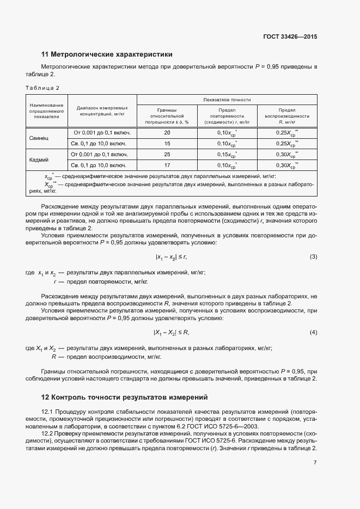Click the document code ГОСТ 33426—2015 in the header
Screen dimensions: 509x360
coord(289,36)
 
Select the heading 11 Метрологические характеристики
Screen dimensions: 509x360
coord(107,54)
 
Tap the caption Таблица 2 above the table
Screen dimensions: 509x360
coord(42,88)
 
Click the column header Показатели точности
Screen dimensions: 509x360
coord(227,100)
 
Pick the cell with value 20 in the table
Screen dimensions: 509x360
coord(167,133)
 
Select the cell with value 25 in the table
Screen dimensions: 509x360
coord(167,155)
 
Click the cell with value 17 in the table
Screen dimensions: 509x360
coord(167,165)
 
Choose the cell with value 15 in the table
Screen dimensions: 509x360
coord(167,144)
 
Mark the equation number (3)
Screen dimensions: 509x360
coord(313,256)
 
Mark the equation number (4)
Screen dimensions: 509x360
coord(313,332)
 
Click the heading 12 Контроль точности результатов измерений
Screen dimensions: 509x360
coord(125,397)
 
